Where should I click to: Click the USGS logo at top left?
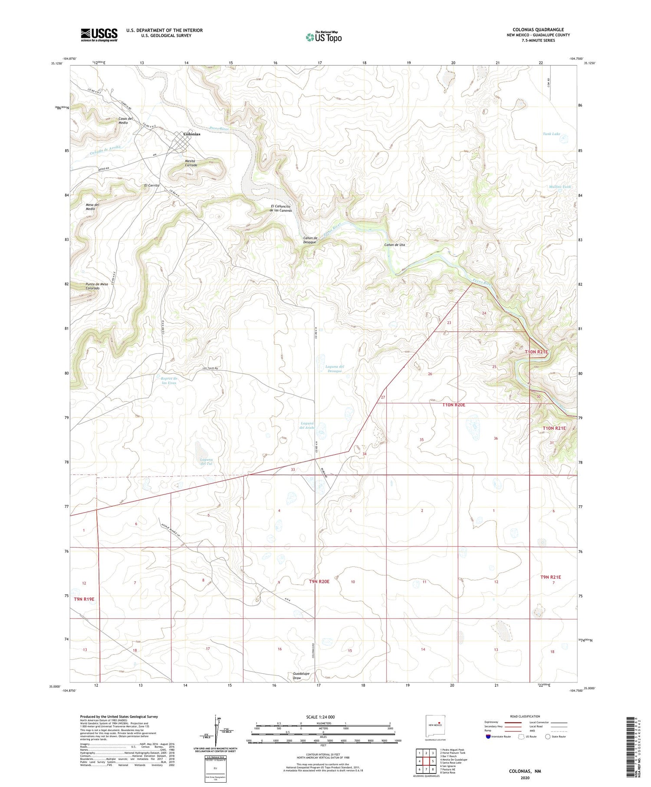pyautogui.click(x=99, y=35)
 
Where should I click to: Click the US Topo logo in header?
pyautogui.click(x=323, y=37)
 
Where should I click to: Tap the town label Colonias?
pyautogui.click(x=192, y=134)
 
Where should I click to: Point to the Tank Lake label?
pyautogui.click(x=551, y=134)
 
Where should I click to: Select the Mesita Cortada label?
pyautogui.click(x=191, y=163)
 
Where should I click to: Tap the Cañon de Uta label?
pyautogui.click(x=395, y=245)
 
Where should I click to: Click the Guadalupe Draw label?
pyautogui.click(x=301, y=675)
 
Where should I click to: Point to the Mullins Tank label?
pyautogui.click(x=559, y=187)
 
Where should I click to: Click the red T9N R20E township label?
pyautogui.click(x=319, y=581)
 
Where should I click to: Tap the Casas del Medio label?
pyautogui.click(x=125, y=120)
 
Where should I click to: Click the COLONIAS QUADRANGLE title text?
pyautogui.click(x=538, y=30)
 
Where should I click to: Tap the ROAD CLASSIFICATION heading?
pyautogui.click(x=525, y=716)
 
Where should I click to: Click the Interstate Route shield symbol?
pyautogui.click(x=488, y=737)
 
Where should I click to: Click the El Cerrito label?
pyautogui.click(x=152, y=185)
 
